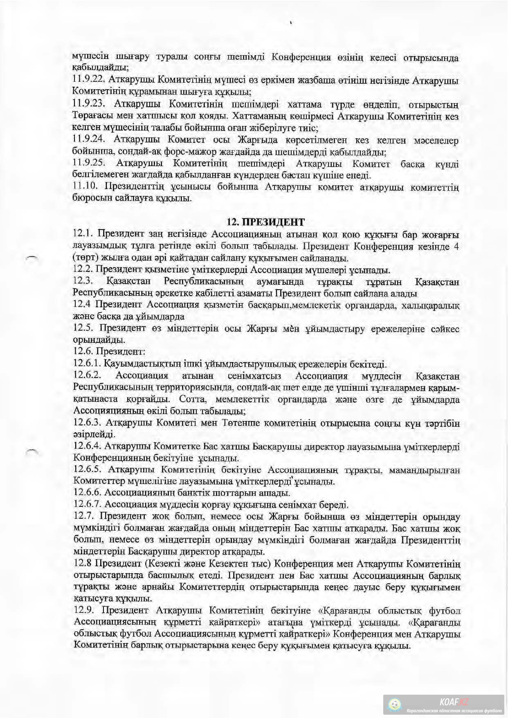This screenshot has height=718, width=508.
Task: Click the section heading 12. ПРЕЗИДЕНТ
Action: pos(266,222)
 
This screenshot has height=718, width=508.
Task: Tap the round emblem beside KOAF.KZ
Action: pos(394,705)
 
